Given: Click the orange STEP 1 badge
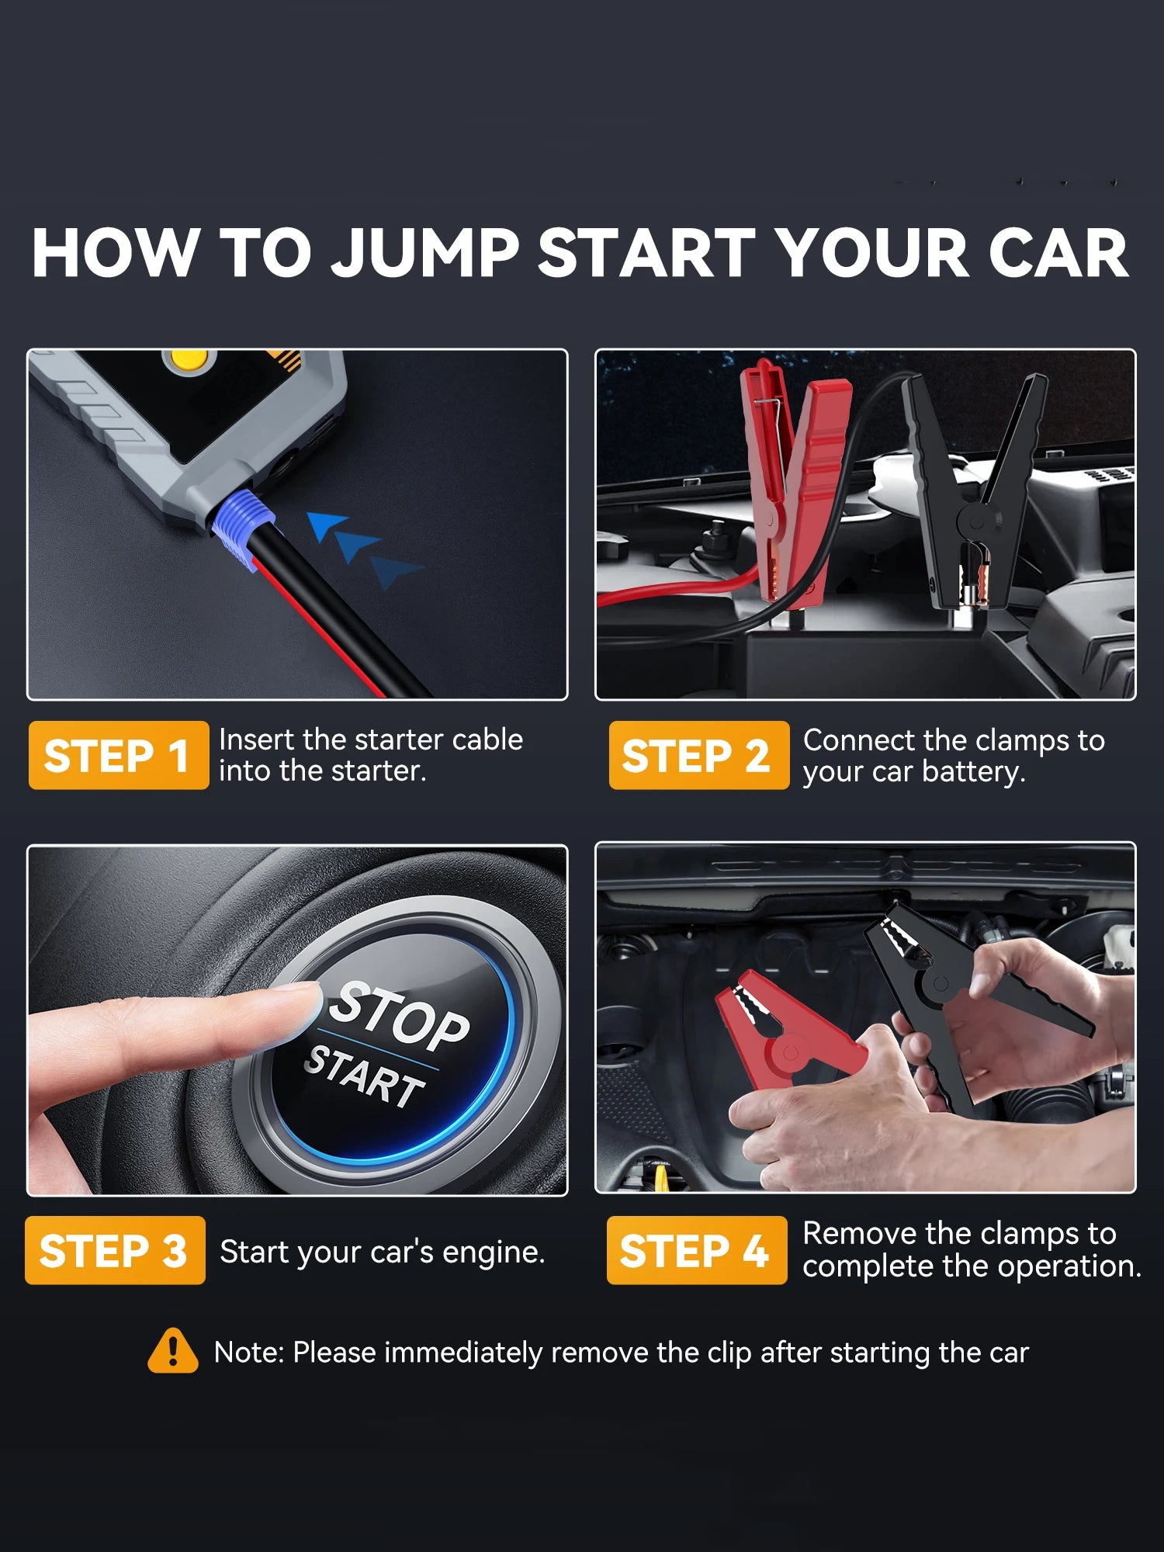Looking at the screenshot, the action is pos(119,755).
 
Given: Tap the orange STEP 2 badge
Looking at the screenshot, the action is pos(699,755).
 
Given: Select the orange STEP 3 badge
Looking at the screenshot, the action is pos(115,1250).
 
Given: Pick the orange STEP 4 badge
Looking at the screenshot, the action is pos(697,1250).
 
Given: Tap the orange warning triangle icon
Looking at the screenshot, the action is pos(172,1351).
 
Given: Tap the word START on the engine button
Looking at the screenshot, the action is pos(364,1075).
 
